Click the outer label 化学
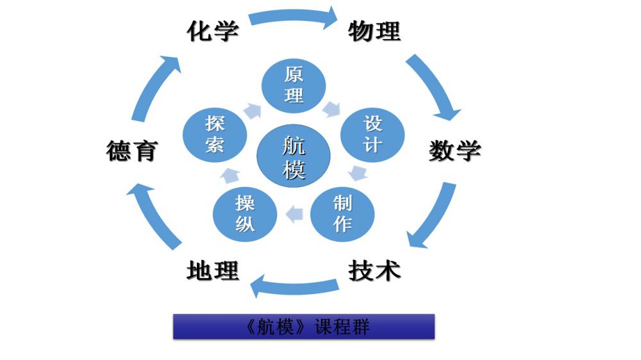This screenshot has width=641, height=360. pos(212,31)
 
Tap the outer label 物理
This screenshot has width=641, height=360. pos(374,31)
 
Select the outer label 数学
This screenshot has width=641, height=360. pos(454,151)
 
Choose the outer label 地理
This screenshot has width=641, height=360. pos(212,270)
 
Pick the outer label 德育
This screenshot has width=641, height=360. pos(131,152)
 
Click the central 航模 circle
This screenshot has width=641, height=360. pos(294,158)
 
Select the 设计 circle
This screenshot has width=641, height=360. pos(372,133)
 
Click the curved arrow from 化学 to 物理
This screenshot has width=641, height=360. pos(293,17)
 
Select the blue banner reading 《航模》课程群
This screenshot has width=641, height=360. pos(304,327)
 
